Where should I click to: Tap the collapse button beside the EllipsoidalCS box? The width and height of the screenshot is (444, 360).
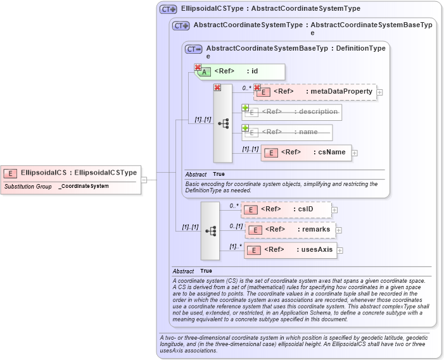[144, 179]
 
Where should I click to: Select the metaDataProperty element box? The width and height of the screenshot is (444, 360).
[315, 92]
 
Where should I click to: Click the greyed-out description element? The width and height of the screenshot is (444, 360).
[293, 112]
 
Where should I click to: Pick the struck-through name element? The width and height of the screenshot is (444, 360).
[288, 132]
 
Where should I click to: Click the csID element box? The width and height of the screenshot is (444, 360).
[286, 209]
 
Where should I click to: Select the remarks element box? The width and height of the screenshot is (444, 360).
[289, 230]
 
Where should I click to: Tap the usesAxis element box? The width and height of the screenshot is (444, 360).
[291, 250]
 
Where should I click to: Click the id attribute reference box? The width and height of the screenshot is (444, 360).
[240, 71]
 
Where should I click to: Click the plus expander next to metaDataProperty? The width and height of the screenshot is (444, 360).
[379, 92]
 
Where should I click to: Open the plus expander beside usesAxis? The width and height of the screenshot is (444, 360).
[341, 251]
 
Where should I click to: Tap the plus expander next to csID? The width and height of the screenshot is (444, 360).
[334, 210]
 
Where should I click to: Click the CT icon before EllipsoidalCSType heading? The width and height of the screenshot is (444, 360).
[168, 9]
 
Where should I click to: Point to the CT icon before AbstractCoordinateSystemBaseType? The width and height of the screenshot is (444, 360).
[193, 49]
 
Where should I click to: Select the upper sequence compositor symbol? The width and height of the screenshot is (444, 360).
[223, 123]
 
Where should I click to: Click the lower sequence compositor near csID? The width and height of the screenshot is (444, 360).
[210, 231]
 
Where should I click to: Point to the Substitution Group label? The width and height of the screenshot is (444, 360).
[28, 187]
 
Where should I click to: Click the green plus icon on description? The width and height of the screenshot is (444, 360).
[245, 108]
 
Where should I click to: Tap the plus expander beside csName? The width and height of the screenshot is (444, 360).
[355, 153]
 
